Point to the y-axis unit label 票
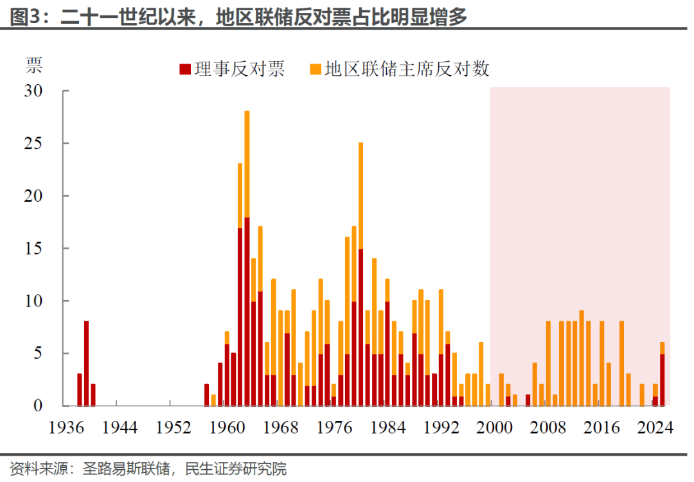(34, 65)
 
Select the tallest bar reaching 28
(247, 257)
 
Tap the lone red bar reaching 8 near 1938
(86, 363)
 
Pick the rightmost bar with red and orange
(662, 376)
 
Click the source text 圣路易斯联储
(125, 467)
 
